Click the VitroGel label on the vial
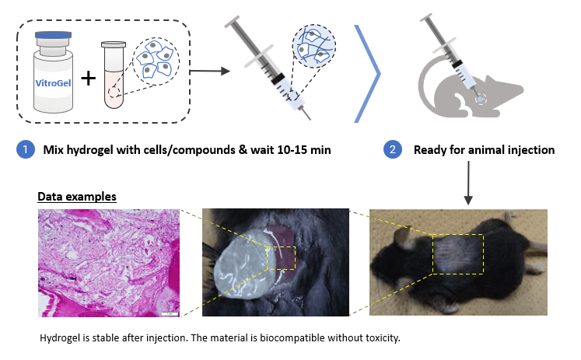pos(53,83)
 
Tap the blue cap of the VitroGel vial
pos(54,35)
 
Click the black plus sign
pos(89,79)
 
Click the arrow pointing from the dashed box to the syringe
pos(210,71)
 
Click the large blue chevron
pos(368,74)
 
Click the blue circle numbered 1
pos(26,149)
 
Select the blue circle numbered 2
pos(393,149)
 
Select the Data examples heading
pos(77,196)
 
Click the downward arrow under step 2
pos(468,183)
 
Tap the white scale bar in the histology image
pos(170,314)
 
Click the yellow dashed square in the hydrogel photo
pos(282,258)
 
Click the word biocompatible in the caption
pos(292,338)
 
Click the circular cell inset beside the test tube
pos(156,61)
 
